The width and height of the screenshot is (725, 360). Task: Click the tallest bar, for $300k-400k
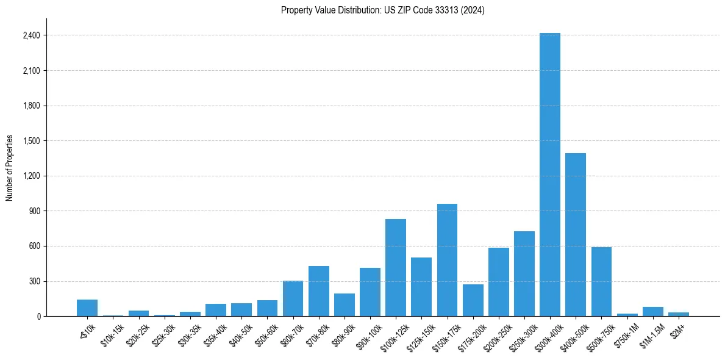point(549,175)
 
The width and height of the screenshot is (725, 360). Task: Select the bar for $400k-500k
point(575,235)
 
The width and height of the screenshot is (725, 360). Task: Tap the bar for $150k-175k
point(447,260)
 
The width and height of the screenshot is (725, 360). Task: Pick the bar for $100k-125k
point(395,268)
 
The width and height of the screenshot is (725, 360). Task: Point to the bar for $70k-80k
point(318,291)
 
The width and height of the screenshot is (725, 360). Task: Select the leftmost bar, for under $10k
point(87,308)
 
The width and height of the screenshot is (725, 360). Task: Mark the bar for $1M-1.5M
point(652,312)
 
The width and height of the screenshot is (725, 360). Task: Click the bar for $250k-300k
point(524,274)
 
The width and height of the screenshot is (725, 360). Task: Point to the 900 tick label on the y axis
point(35,211)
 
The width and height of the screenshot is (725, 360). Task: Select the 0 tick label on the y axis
point(38,317)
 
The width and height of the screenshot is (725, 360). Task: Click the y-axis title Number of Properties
point(10,168)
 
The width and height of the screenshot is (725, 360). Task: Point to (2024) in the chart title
point(474,10)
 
